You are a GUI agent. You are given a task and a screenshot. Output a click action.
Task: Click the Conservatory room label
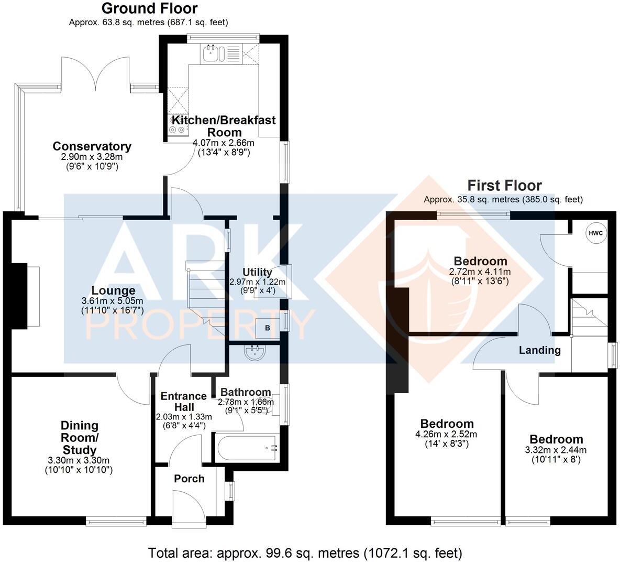[92, 146]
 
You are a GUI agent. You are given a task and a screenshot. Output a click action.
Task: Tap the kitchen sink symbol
[214, 53]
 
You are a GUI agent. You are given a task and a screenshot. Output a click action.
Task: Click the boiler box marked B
[267, 328]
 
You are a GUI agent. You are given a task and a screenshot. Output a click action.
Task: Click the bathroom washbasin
[255, 353]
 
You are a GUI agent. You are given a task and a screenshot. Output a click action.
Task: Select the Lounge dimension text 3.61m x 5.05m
[112, 301]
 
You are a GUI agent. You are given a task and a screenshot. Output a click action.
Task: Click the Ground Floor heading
[149, 8]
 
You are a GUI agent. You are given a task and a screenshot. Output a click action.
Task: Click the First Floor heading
[504, 185]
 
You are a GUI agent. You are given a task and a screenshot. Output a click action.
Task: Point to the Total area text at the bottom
[305, 553]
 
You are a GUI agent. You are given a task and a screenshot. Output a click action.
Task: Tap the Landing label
[539, 350]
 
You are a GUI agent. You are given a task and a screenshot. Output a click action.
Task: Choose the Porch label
[189, 479]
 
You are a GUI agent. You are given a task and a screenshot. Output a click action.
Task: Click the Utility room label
[257, 272]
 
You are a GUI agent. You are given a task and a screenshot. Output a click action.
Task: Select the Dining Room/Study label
[80, 438]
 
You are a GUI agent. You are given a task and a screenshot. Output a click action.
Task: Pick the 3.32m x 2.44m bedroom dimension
[556, 450]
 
